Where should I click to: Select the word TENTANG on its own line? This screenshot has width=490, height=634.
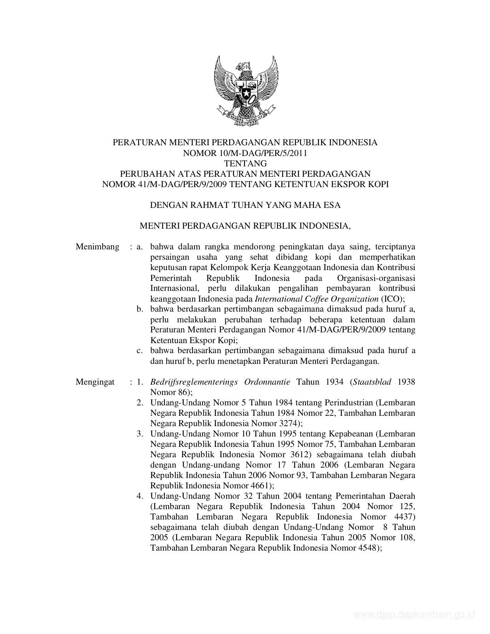point(245,163)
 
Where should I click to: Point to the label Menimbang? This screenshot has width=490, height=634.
point(98,247)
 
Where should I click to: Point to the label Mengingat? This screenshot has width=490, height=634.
point(95,382)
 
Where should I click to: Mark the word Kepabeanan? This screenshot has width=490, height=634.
point(350,434)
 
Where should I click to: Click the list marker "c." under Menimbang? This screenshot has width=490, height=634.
point(140,350)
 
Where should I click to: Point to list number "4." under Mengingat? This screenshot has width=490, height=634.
point(140,496)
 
